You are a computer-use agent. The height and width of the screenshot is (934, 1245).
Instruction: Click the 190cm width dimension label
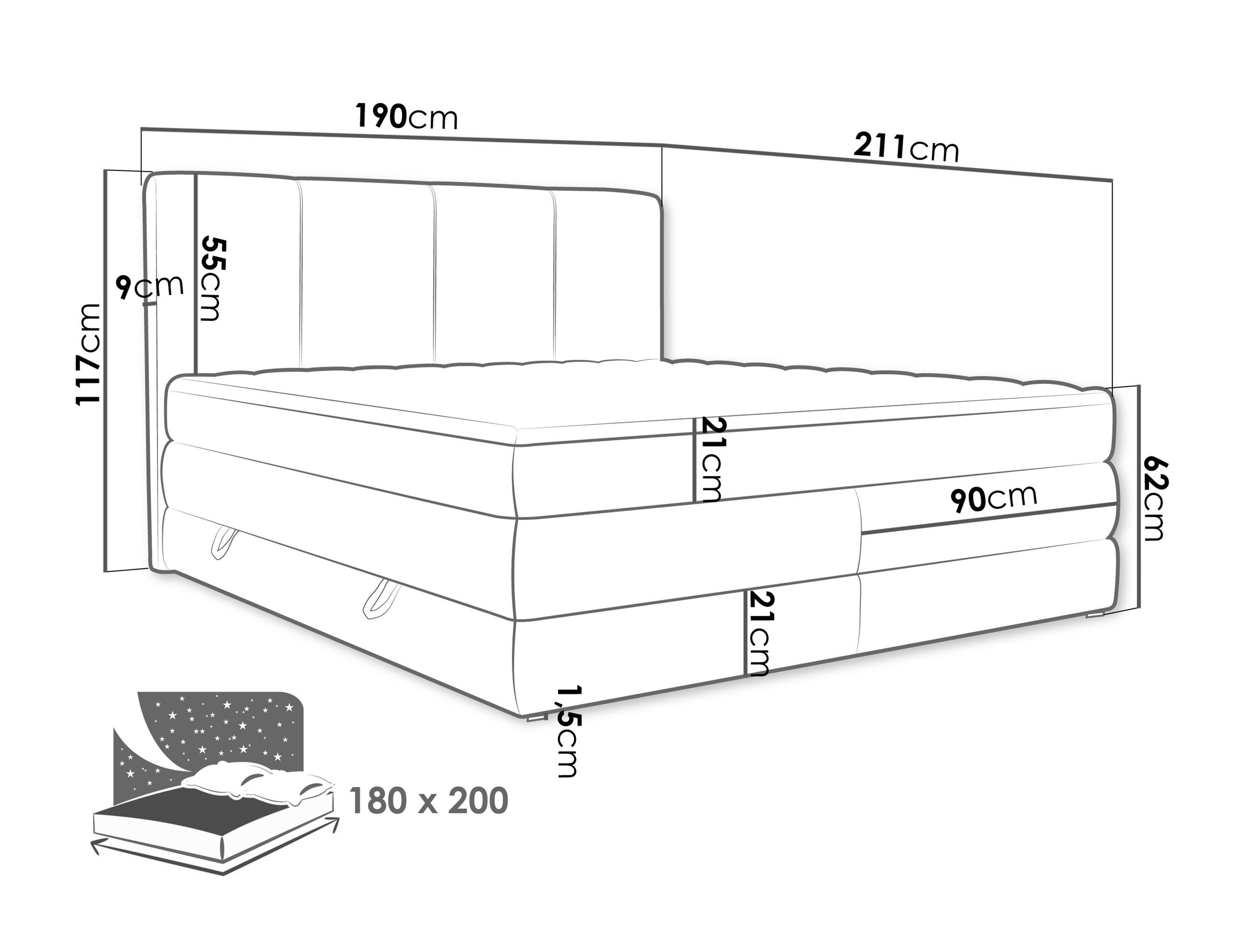pos(406,117)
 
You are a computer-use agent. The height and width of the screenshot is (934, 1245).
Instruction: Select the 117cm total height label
pos(88,354)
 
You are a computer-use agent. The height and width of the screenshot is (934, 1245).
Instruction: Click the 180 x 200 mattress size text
pos(428,801)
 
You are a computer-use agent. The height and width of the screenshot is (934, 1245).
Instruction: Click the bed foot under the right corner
pos(1095,616)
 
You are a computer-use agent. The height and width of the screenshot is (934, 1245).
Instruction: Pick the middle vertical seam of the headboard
pos(434,275)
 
